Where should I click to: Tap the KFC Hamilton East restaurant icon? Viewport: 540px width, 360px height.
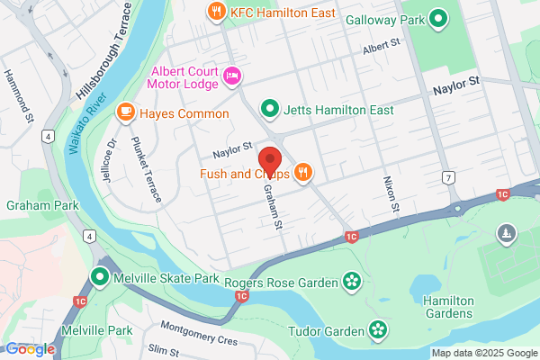[215, 13]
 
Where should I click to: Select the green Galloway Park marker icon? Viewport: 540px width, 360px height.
[438, 17]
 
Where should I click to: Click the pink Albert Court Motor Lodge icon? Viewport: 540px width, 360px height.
[231, 76]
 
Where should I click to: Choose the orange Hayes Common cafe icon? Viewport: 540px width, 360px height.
[125, 112]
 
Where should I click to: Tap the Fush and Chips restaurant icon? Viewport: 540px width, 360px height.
[303, 173]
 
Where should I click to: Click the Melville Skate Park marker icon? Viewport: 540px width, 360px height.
[101, 278]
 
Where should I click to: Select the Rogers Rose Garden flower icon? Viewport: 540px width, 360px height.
[352, 283]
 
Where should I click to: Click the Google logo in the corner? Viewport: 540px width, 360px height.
[31, 349]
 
